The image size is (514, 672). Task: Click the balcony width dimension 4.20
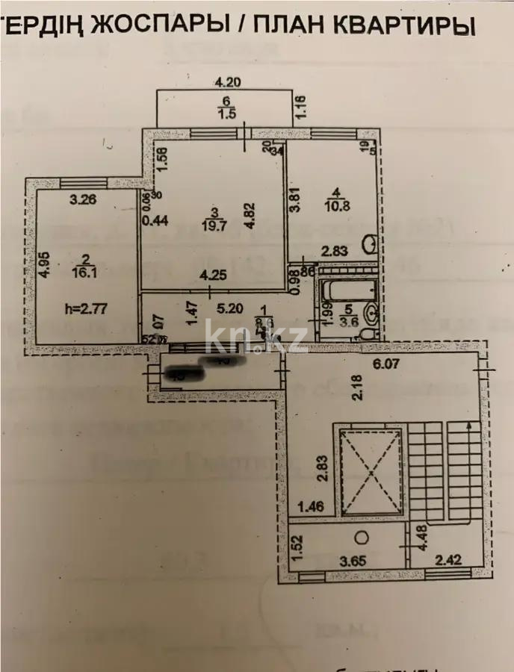(x=229, y=82)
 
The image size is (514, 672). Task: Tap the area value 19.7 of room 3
(x=216, y=222)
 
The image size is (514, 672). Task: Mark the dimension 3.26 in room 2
(x=82, y=199)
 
